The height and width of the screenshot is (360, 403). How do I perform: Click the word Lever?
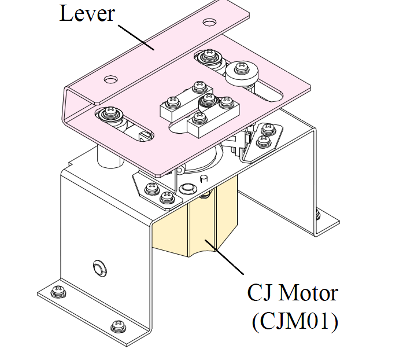(x=87, y=13)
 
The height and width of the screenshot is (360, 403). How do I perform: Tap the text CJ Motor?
(x=293, y=292)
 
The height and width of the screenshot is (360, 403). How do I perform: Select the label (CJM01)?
(x=295, y=321)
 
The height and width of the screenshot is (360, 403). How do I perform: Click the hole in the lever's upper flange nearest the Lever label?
(x=111, y=79)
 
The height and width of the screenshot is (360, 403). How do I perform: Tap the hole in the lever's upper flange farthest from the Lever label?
(x=209, y=22)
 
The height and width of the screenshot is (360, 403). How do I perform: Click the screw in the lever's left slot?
(x=111, y=113)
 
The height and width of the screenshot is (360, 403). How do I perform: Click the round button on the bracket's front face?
(x=99, y=269)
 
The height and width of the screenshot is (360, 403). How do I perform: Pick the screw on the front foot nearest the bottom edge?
(x=119, y=326)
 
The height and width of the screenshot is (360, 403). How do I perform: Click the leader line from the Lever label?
(x=136, y=37)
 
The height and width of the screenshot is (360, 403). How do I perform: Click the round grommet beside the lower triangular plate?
(x=188, y=189)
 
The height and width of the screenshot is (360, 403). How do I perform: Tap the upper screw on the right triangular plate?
(x=269, y=128)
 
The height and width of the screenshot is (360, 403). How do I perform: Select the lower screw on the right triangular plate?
(x=264, y=141)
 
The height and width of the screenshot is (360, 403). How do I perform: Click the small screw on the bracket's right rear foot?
(x=317, y=214)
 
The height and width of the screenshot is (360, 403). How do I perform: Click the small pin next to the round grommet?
(x=204, y=178)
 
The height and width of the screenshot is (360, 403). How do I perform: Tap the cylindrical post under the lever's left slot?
(x=109, y=156)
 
